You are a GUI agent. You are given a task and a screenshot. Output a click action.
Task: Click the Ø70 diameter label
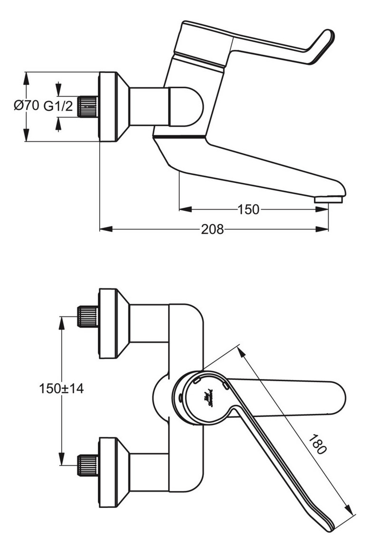click(26, 106)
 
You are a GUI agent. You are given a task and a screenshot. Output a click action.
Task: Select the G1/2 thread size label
click(58, 106)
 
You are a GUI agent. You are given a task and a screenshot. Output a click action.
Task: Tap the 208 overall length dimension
click(212, 229)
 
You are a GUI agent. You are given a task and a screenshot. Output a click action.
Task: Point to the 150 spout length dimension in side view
click(248, 209)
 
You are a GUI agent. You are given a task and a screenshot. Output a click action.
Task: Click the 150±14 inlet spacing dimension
click(61, 388)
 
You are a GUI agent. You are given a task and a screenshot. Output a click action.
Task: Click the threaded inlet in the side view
click(87, 107)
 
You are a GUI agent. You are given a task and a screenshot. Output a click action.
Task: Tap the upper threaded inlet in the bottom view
click(87, 316)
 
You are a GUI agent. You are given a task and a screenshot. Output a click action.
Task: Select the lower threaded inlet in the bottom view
click(87, 465)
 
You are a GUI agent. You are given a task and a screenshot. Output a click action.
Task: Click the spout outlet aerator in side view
click(329, 199)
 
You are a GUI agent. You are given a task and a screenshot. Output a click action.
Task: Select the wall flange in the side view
click(108, 107)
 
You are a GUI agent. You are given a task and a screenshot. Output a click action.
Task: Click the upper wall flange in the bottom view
click(108, 323)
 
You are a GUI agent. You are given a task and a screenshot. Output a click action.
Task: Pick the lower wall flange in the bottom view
click(108, 472)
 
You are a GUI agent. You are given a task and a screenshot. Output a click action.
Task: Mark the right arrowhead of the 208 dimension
click(323, 229)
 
